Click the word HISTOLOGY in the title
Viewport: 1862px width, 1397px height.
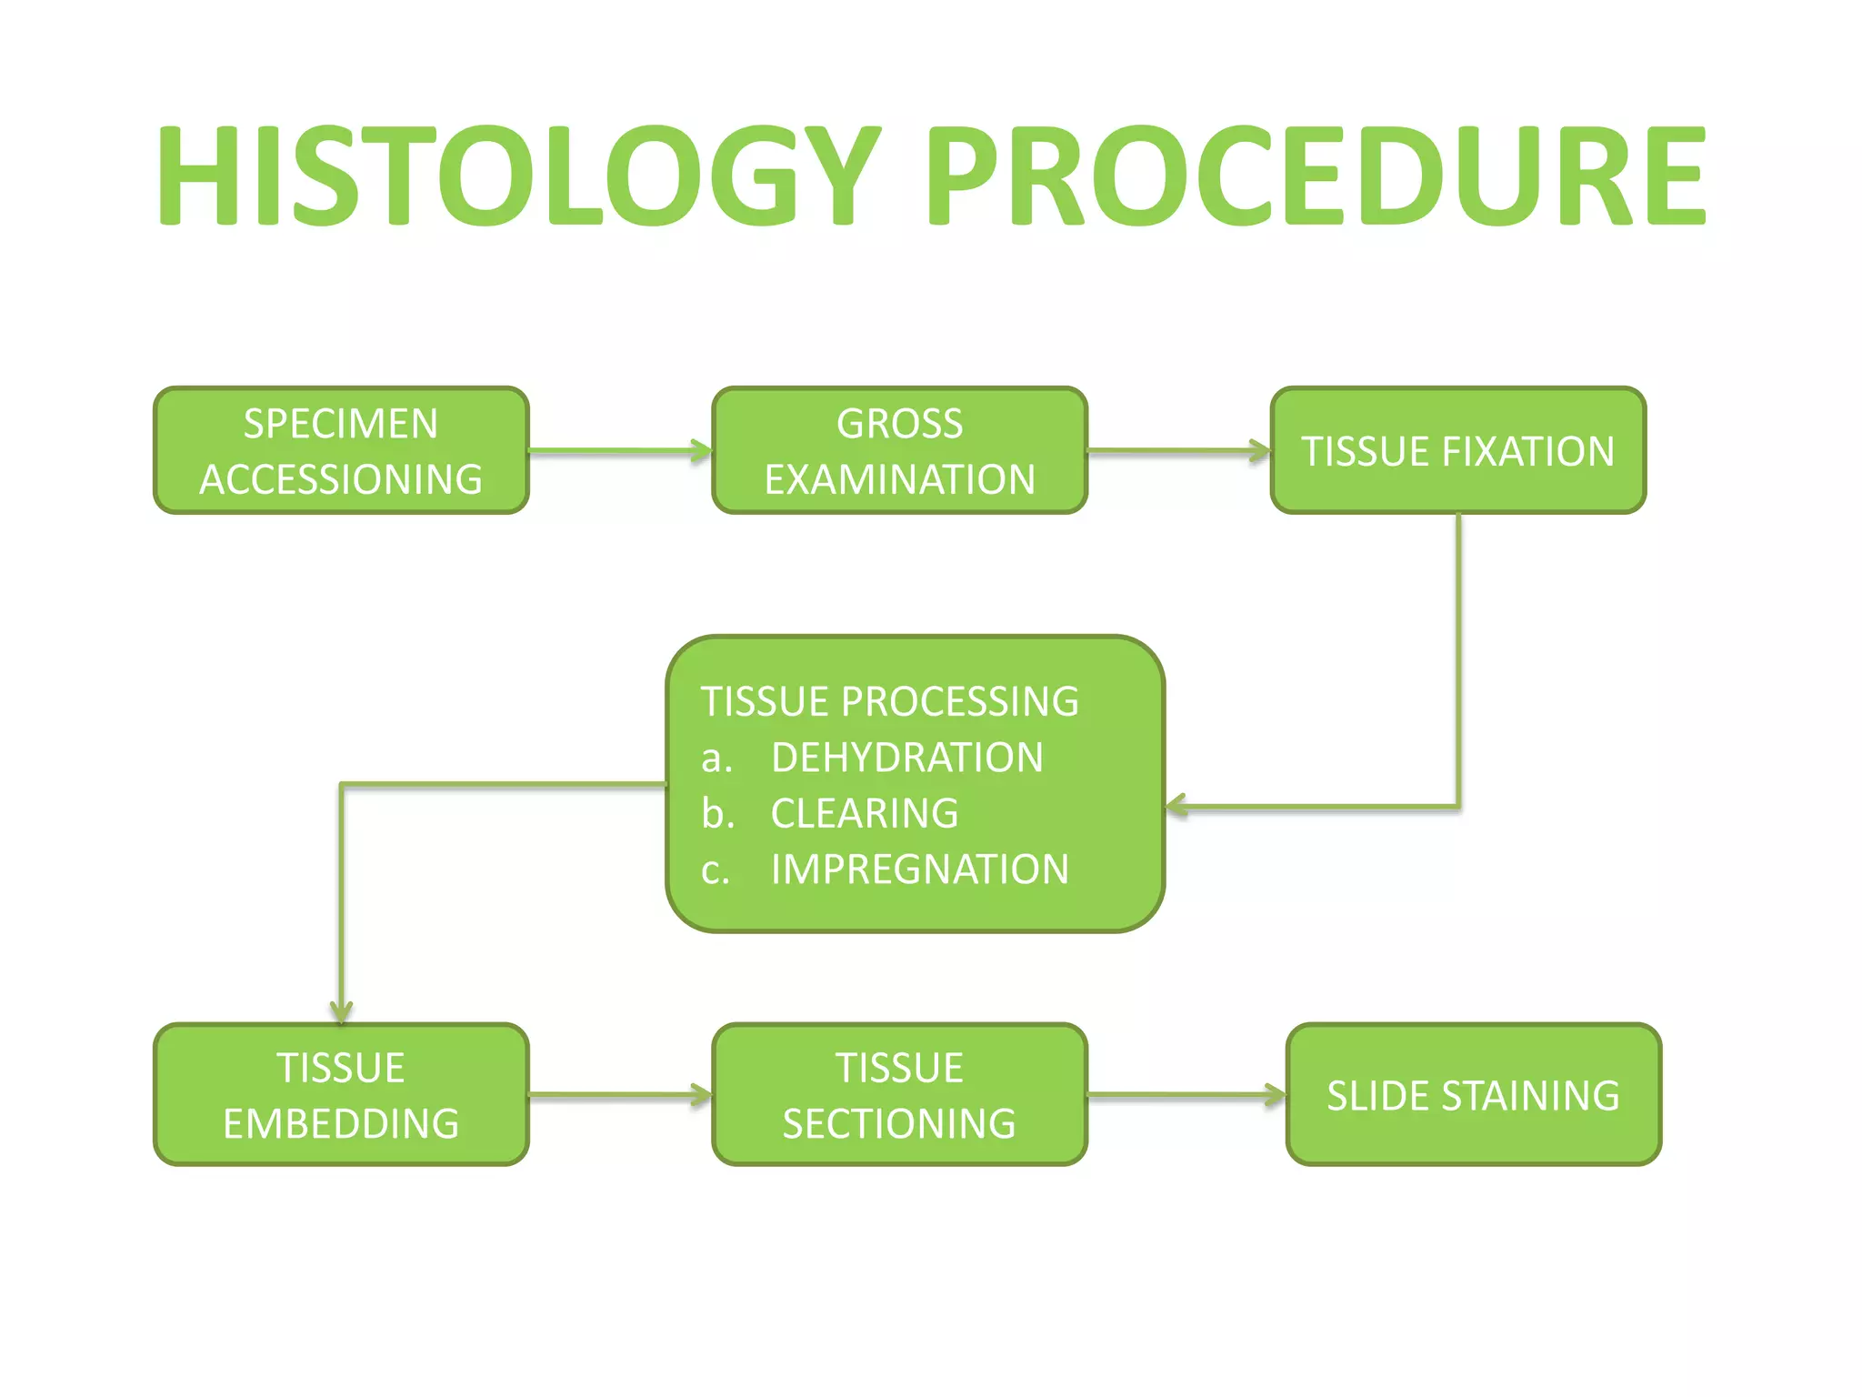point(518,176)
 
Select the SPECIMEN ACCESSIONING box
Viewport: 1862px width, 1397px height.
point(341,451)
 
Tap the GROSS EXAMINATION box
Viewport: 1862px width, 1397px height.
point(899,451)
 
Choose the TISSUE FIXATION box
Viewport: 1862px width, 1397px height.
point(1457,451)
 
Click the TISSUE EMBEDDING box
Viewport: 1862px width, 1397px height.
point(341,1095)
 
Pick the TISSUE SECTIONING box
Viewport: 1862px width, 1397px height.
point(899,1095)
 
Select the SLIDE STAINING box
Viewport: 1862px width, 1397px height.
point(1473,1095)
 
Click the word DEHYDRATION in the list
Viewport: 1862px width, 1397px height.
point(906,758)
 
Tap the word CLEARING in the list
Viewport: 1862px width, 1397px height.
point(864,813)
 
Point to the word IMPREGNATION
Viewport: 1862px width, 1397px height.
point(919,869)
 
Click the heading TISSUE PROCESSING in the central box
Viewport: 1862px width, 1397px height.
point(889,701)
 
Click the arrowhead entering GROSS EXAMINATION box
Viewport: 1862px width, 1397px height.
point(702,450)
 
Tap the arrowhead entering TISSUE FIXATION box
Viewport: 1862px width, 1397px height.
point(1260,450)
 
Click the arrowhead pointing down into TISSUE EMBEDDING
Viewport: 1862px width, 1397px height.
point(341,1012)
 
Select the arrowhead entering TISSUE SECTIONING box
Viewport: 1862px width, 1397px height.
point(702,1095)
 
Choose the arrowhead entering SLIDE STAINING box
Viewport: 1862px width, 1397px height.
point(1276,1095)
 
